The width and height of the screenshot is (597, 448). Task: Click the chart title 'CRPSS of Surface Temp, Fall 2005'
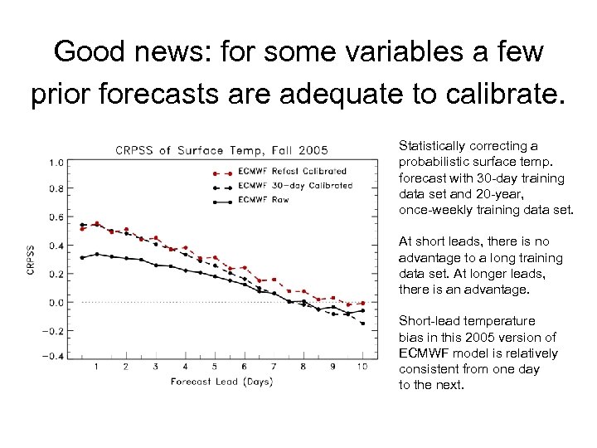[x=221, y=150]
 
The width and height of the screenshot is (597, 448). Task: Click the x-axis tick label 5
[x=215, y=367]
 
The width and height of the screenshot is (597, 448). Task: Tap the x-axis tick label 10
[x=362, y=367]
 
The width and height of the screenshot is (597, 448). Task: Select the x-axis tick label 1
[x=96, y=367]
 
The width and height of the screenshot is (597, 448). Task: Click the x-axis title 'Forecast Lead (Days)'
[x=221, y=382]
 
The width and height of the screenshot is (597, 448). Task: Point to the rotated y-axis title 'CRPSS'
[x=32, y=260]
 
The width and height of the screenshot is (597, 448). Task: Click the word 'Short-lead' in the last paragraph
[x=430, y=321]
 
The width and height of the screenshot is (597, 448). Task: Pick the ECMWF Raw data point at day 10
[x=362, y=310]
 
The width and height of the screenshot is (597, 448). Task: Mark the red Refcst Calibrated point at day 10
[x=362, y=303]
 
